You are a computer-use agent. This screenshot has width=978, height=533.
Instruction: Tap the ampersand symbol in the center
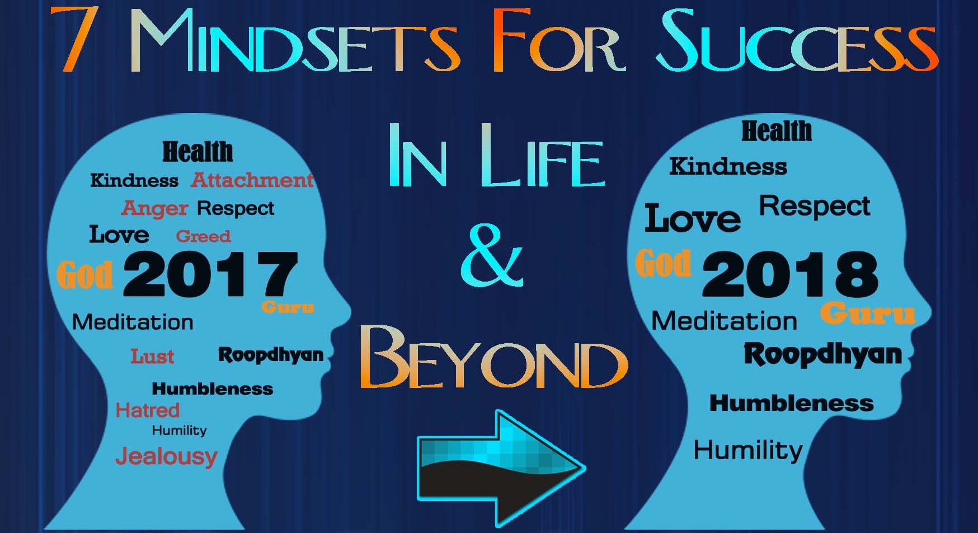pyautogui.click(x=492, y=255)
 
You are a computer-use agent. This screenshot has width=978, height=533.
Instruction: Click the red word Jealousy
pyautogui.click(x=166, y=456)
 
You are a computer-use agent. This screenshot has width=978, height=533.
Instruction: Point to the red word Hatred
pyautogui.click(x=147, y=410)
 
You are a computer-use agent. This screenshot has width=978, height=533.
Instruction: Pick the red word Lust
pyautogui.click(x=152, y=356)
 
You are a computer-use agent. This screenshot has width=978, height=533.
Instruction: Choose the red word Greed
pyautogui.click(x=203, y=236)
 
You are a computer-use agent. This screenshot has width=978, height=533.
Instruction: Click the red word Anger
pyautogui.click(x=154, y=208)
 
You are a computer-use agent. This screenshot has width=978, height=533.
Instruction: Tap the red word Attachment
pyautogui.click(x=252, y=180)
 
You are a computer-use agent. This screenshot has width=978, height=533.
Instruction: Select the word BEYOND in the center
pyautogui.click(x=493, y=358)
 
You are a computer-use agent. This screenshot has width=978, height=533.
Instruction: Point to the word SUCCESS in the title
pyautogui.click(x=797, y=42)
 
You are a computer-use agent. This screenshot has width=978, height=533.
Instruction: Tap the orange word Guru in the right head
pyautogui.click(x=867, y=313)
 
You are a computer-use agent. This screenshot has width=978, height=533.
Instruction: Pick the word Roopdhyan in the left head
pyautogui.click(x=271, y=355)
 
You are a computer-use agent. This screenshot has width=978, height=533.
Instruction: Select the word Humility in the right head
pyautogui.click(x=747, y=450)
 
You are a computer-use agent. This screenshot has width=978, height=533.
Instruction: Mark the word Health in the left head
pyautogui.click(x=198, y=152)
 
